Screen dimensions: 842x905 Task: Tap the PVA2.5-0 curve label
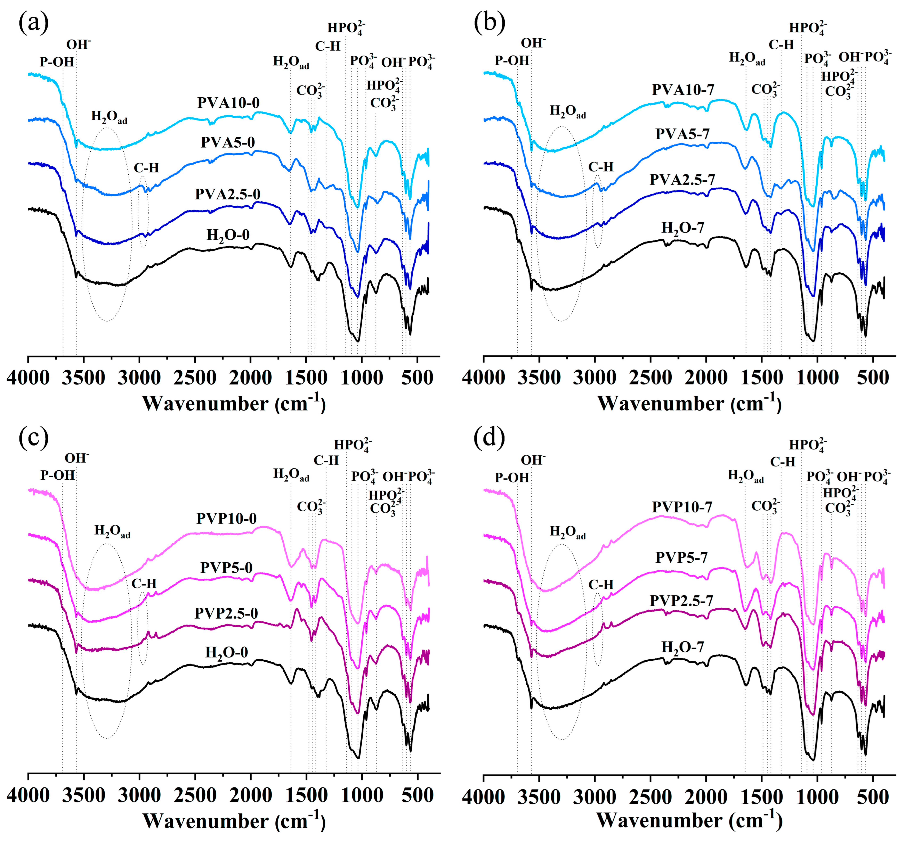(x=228, y=194)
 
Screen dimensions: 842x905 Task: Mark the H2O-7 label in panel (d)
(x=682, y=647)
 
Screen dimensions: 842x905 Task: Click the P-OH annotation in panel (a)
(x=57, y=62)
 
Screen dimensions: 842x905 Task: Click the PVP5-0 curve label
(x=226, y=568)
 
